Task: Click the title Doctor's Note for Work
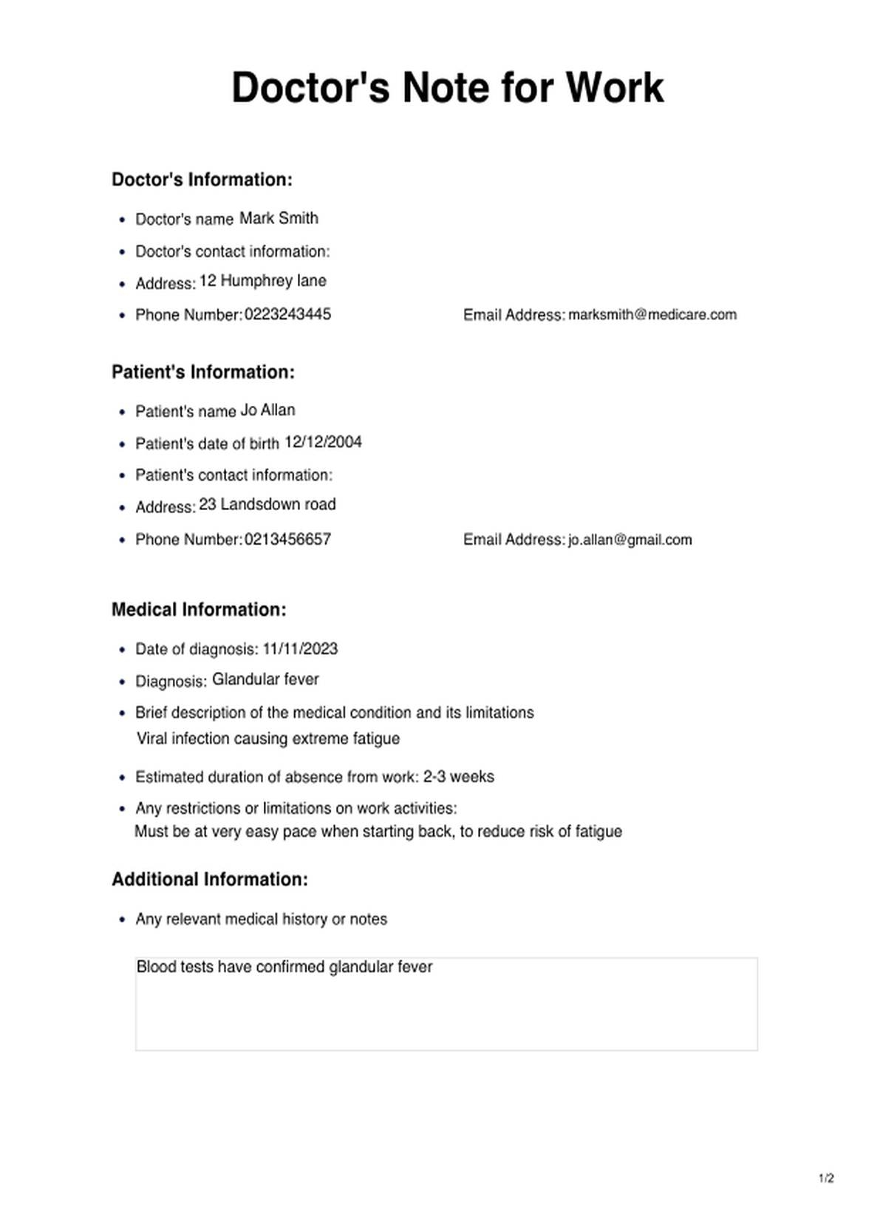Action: pyautogui.click(x=448, y=87)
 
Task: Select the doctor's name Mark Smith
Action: pyautogui.click(x=279, y=218)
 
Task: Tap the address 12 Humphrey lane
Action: pyautogui.click(x=262, y=281)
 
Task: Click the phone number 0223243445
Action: pyautogui.click(x=287, y=314)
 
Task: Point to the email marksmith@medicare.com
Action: pyautogui.click(x=652, y=314)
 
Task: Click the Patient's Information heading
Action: pyautogui.click(x=202, y=372)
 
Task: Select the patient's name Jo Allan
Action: pyautogui.click(x=267, y=410)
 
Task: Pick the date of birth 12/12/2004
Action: pyautogui.click(x=323, y=442)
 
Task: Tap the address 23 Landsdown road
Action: pyautogui.click(x=267, y=504)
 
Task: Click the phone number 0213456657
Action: pyautogui.click(x=287, y=540)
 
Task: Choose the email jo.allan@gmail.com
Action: pyautogui.click(x=630, y=540)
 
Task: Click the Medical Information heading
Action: pyautogui.click(x=199, y=610)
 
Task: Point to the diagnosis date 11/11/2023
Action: pyautogui.click(x=300, y=649)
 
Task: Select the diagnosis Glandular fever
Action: pyautogui.click(x=265, y=679)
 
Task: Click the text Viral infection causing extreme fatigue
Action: pyautogui.click(x=268, y=739)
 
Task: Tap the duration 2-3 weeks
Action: pyautogui.click(x=458, y=777)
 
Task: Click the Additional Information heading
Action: pyautogui.click(x=210, y=880)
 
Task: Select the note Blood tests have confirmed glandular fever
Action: pyautogui.click(x=284, y=967)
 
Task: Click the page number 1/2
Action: pyautogui.click(x=826, y=1178)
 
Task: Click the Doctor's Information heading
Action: pyautogui.click(x=202, y=180)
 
